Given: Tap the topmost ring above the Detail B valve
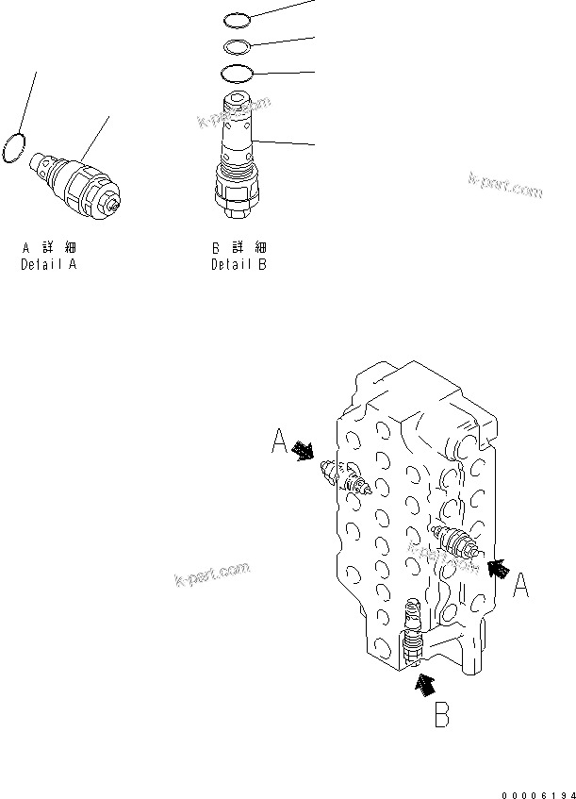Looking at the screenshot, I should (x=238, y=18).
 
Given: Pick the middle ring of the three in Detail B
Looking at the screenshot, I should (x=238, y=45).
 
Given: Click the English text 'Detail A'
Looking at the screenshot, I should (x=49, y=265).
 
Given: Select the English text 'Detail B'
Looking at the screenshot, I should (x=239, y=265).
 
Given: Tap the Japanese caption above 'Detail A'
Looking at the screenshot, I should (x=49, y=248).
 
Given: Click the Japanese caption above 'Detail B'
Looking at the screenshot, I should (x=239, y=248).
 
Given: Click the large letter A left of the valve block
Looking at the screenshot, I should (x=280, y=441).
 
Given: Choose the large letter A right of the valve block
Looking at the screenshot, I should (x=520, y=587).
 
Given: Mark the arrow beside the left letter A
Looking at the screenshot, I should (x=304, y=452).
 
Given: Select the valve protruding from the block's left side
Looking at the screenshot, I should (x=347, y=479).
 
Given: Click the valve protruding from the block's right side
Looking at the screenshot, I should (x=454, y=544).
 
